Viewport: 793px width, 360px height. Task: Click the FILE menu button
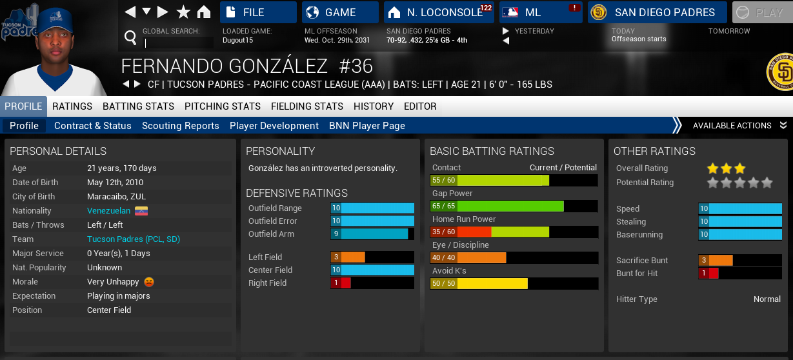[258, 12]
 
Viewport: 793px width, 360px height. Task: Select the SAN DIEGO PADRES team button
[657, 12]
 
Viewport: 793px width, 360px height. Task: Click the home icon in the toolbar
[204, 12]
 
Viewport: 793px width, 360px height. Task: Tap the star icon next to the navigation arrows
[183, 12]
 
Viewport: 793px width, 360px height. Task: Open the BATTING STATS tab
[138, 106]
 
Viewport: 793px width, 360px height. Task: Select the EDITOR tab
[420, 106]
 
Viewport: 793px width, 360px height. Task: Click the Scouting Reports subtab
[180, 126]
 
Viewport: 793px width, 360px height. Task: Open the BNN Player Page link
[366, 126]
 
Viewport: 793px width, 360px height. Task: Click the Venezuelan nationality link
[109, 211]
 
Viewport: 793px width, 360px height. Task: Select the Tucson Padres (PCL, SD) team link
[134, 239]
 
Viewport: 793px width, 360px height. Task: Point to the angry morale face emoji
[149, 282]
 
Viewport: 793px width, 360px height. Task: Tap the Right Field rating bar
[372, 283]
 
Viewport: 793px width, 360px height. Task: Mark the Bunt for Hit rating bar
[739, 274]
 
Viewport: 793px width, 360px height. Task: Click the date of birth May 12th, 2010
[115, 183]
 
